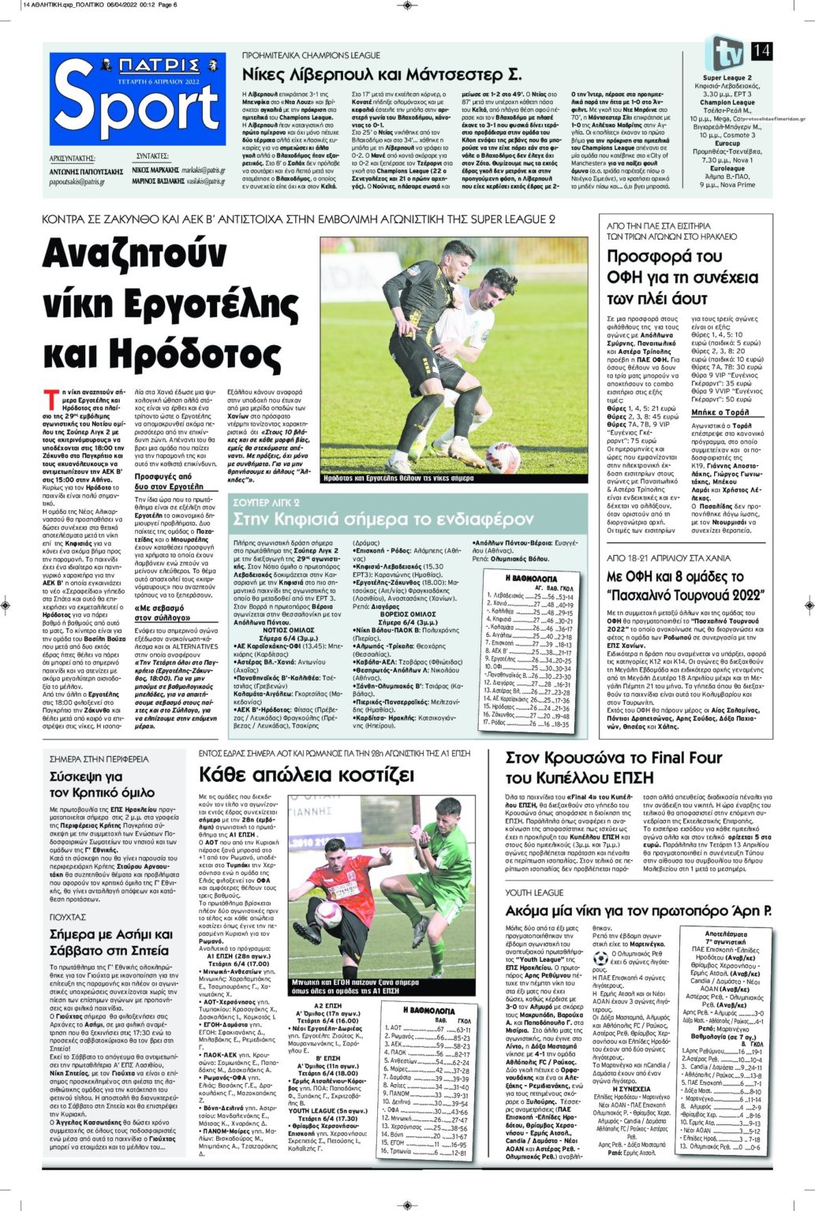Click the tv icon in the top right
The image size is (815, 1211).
(x=723, y=53)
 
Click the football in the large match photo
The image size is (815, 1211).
(x=502, y=457)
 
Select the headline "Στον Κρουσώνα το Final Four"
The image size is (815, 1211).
(x=614, y=758)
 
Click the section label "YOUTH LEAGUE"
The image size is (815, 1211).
(x=534, y=892)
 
